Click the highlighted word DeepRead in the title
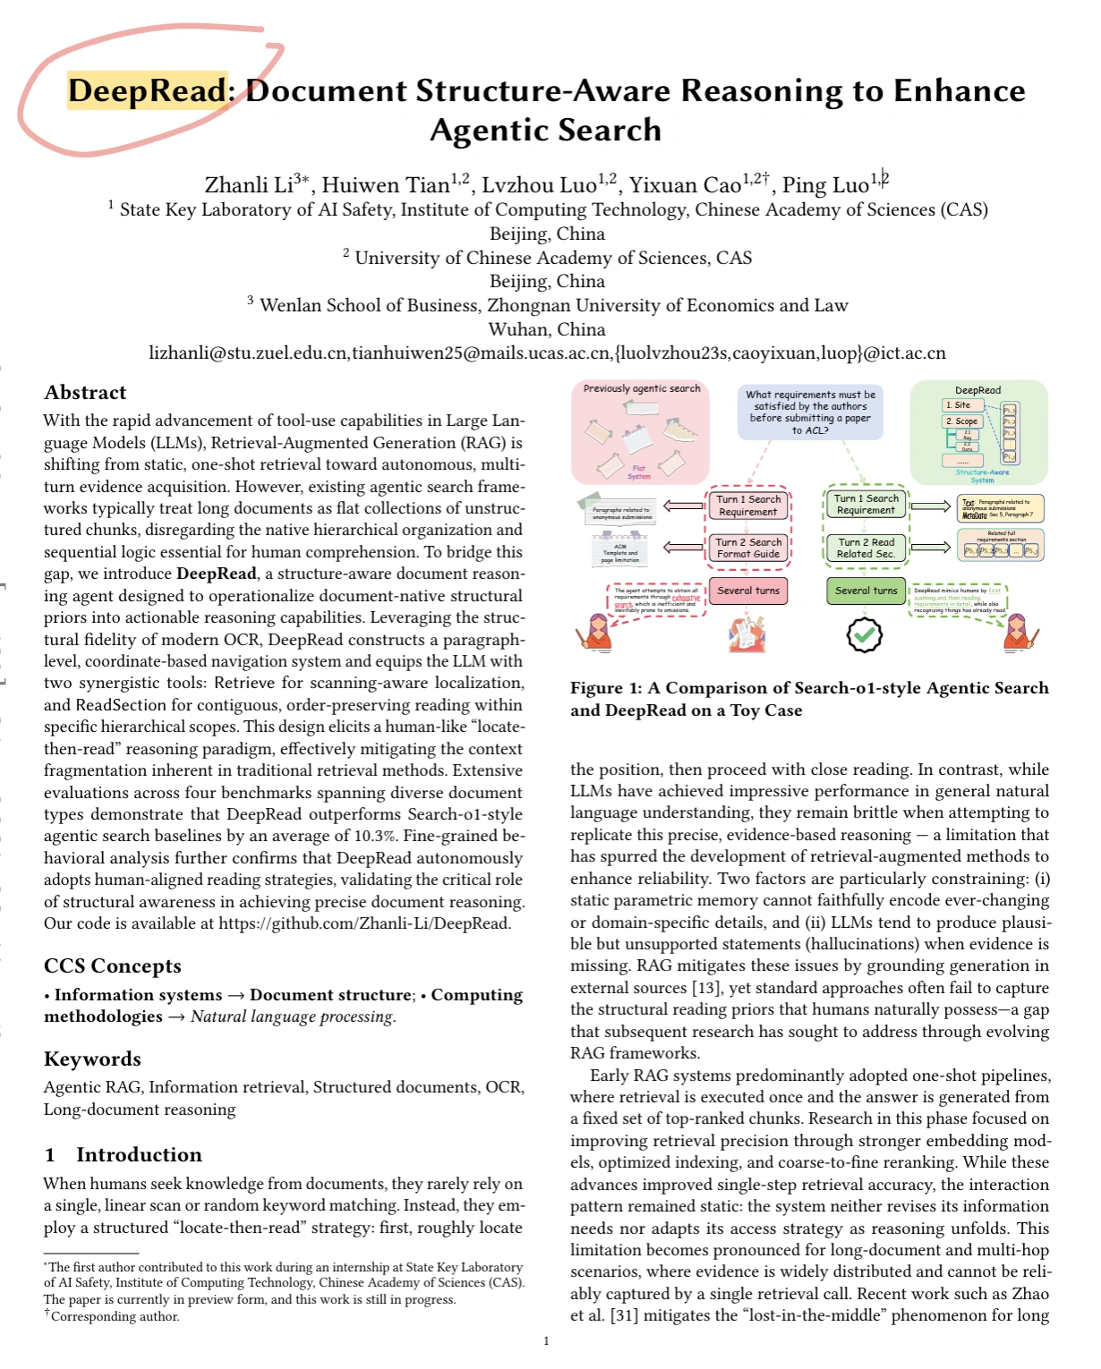148,91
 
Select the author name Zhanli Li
250,185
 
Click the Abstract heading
85,393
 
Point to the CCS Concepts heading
112,966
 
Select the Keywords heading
92,1059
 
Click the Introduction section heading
139,1154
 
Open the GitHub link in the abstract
364,923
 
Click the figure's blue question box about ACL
810,412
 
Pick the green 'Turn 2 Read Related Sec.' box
866,548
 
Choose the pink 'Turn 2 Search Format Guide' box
748,548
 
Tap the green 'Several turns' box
866,591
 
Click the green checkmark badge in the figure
864,634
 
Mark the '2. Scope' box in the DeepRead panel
962,421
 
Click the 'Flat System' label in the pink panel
638,472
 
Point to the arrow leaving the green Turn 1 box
931,506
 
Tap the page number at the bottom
546,1340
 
